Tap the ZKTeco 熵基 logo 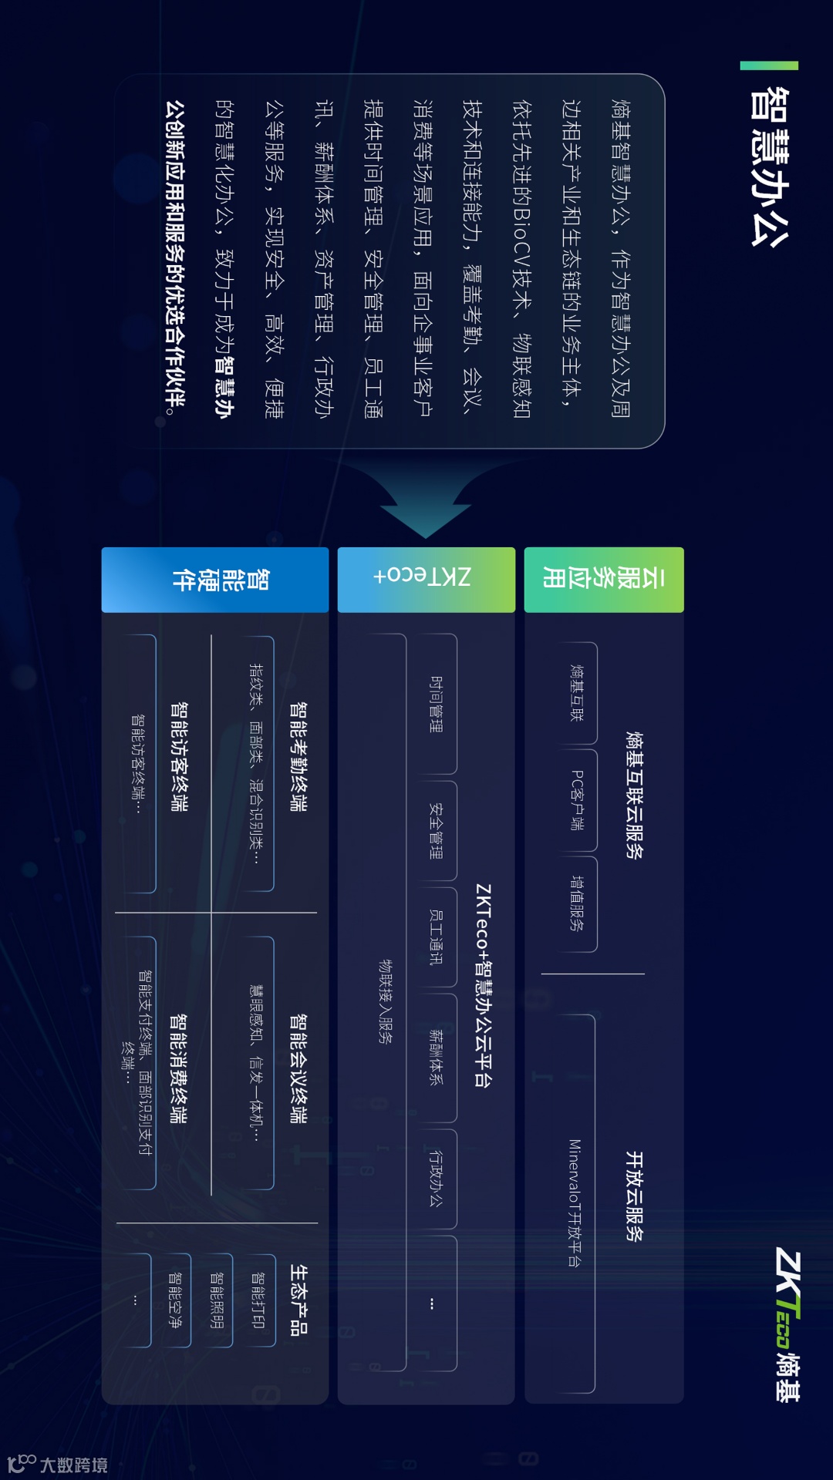click(787, 1324)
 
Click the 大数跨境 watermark click(58, 1464)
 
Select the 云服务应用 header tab click(604, 580)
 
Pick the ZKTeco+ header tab click(426, 580)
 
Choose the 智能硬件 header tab click(215, 580)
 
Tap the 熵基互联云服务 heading click(634, 795)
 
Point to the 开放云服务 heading click(634, 1196)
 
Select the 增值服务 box click(577, 903)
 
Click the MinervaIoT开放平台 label click(575, 1202)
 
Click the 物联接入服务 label click(386, 1002)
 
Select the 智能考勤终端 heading click(298, 756)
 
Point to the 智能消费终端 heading click(178, 1068)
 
